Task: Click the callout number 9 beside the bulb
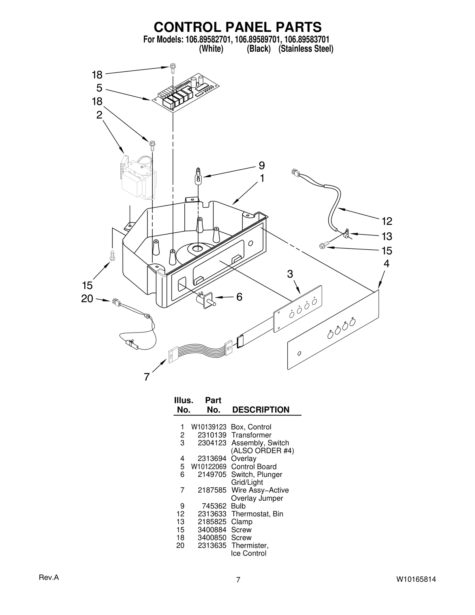[x=262, y=165]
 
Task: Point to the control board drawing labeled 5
[x=186, y=92]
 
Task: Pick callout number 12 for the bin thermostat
[x=387, y=221]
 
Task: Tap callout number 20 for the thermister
[x=87, y=298]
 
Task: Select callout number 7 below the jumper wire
[x=147, y=377]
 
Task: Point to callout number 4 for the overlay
[x=386, y=264]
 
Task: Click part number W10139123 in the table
[x=208, y=427]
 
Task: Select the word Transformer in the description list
[x=251, y=435]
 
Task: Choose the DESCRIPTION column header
[x=260, y=410]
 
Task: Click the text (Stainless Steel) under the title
[x=306, y=49]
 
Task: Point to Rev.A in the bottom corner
[x=49, y=578]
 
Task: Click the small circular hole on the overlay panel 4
[x=299, y=353]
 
